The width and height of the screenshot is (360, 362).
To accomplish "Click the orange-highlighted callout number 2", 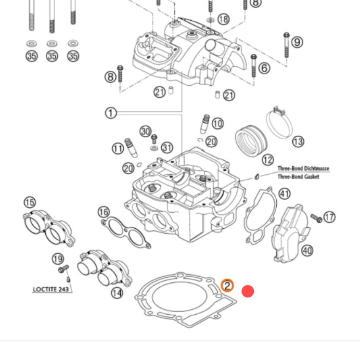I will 227,286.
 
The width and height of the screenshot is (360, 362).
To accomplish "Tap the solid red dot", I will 248,291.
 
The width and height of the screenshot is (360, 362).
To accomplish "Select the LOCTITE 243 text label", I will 51,289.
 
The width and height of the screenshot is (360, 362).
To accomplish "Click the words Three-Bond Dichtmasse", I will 303,169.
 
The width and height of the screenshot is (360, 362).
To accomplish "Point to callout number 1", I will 111,113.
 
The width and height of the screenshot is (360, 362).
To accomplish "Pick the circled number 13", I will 298,141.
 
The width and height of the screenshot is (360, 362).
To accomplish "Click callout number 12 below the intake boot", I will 268,160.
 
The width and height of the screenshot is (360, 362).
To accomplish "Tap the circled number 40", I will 307,251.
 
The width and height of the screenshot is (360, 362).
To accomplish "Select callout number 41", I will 285,194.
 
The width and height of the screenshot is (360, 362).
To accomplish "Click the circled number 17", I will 329,217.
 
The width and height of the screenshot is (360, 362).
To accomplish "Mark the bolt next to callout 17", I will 316,217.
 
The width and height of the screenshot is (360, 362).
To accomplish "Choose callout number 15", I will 30,202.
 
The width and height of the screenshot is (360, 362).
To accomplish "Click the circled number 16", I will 104,212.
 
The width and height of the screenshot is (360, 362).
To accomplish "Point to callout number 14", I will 117,293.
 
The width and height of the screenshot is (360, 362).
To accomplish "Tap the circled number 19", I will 58,259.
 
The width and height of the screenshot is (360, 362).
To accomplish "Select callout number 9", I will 297,42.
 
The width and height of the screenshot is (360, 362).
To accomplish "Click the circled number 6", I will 264,68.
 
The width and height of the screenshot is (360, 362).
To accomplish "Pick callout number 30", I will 146,132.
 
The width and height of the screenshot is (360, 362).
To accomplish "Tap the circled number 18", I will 223,20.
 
